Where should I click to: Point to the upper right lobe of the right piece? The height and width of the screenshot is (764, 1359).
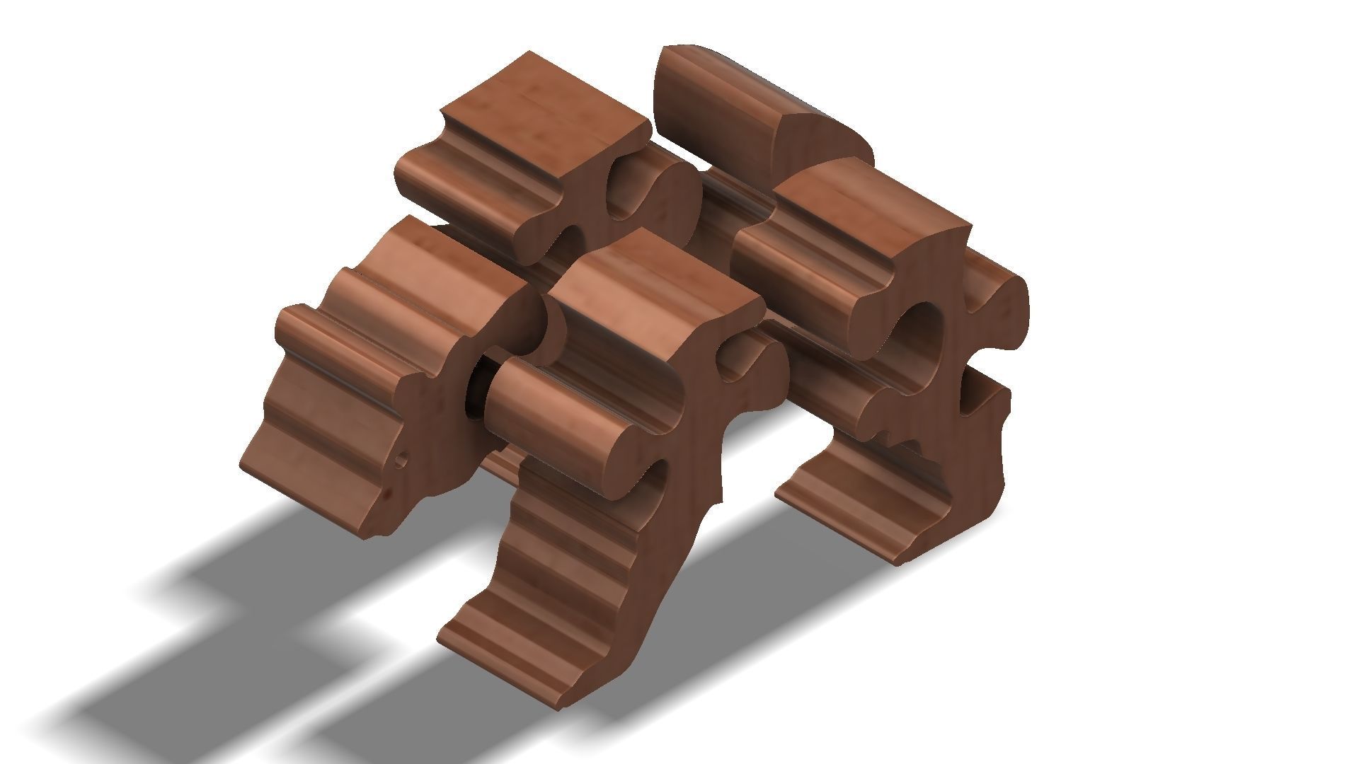pos(1005,297)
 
